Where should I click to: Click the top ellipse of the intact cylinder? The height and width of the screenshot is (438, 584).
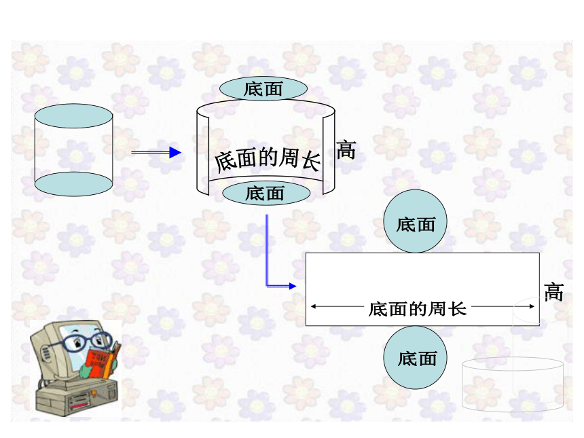point(74,116)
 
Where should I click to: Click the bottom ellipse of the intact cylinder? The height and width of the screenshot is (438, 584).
point(74,184)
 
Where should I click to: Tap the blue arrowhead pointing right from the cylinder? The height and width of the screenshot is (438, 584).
point(175,152)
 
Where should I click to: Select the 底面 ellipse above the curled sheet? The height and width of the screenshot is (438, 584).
point(263,89)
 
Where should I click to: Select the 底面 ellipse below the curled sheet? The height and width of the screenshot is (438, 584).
point(266,194)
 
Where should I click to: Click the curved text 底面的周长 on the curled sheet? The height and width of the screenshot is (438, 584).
point(268,160)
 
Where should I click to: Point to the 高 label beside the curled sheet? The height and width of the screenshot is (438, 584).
point(346,150)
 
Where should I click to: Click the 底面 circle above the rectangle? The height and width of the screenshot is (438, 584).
point(416,221)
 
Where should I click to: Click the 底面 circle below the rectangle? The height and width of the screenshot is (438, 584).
point(416,358)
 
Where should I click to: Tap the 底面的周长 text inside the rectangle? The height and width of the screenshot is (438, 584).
point(418,309)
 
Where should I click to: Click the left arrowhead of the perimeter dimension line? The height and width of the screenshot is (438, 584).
point(314,306)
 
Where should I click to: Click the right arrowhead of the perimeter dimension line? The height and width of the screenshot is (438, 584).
point(532,306)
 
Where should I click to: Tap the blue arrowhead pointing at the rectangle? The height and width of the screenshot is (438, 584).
point(293,286)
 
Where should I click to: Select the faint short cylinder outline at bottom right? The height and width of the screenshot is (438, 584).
point(513,384)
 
